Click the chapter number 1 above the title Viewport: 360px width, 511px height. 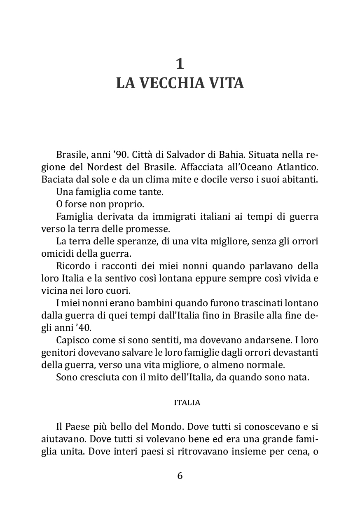180,63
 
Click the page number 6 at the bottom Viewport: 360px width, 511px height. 180,476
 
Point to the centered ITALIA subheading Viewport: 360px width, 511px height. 187,403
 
